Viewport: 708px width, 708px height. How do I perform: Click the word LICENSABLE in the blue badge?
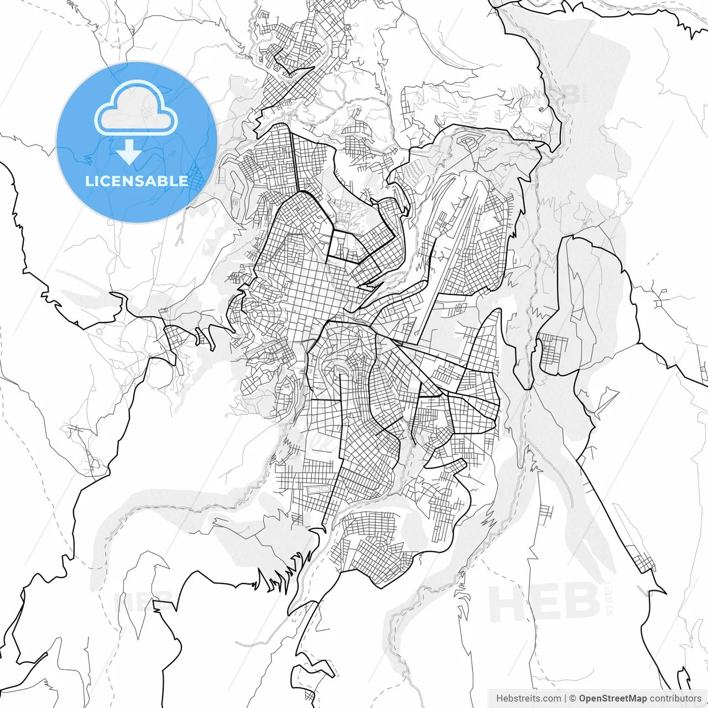click(136, 181)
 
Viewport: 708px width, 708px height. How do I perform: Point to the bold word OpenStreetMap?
click(613, 699)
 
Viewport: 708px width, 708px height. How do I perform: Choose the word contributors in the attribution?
click(675, 699)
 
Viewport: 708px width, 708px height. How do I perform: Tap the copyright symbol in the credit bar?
click(573, 699)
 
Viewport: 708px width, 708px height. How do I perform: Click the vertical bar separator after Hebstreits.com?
click(565, 699)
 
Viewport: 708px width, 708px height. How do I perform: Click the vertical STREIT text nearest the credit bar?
click(610, 597)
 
